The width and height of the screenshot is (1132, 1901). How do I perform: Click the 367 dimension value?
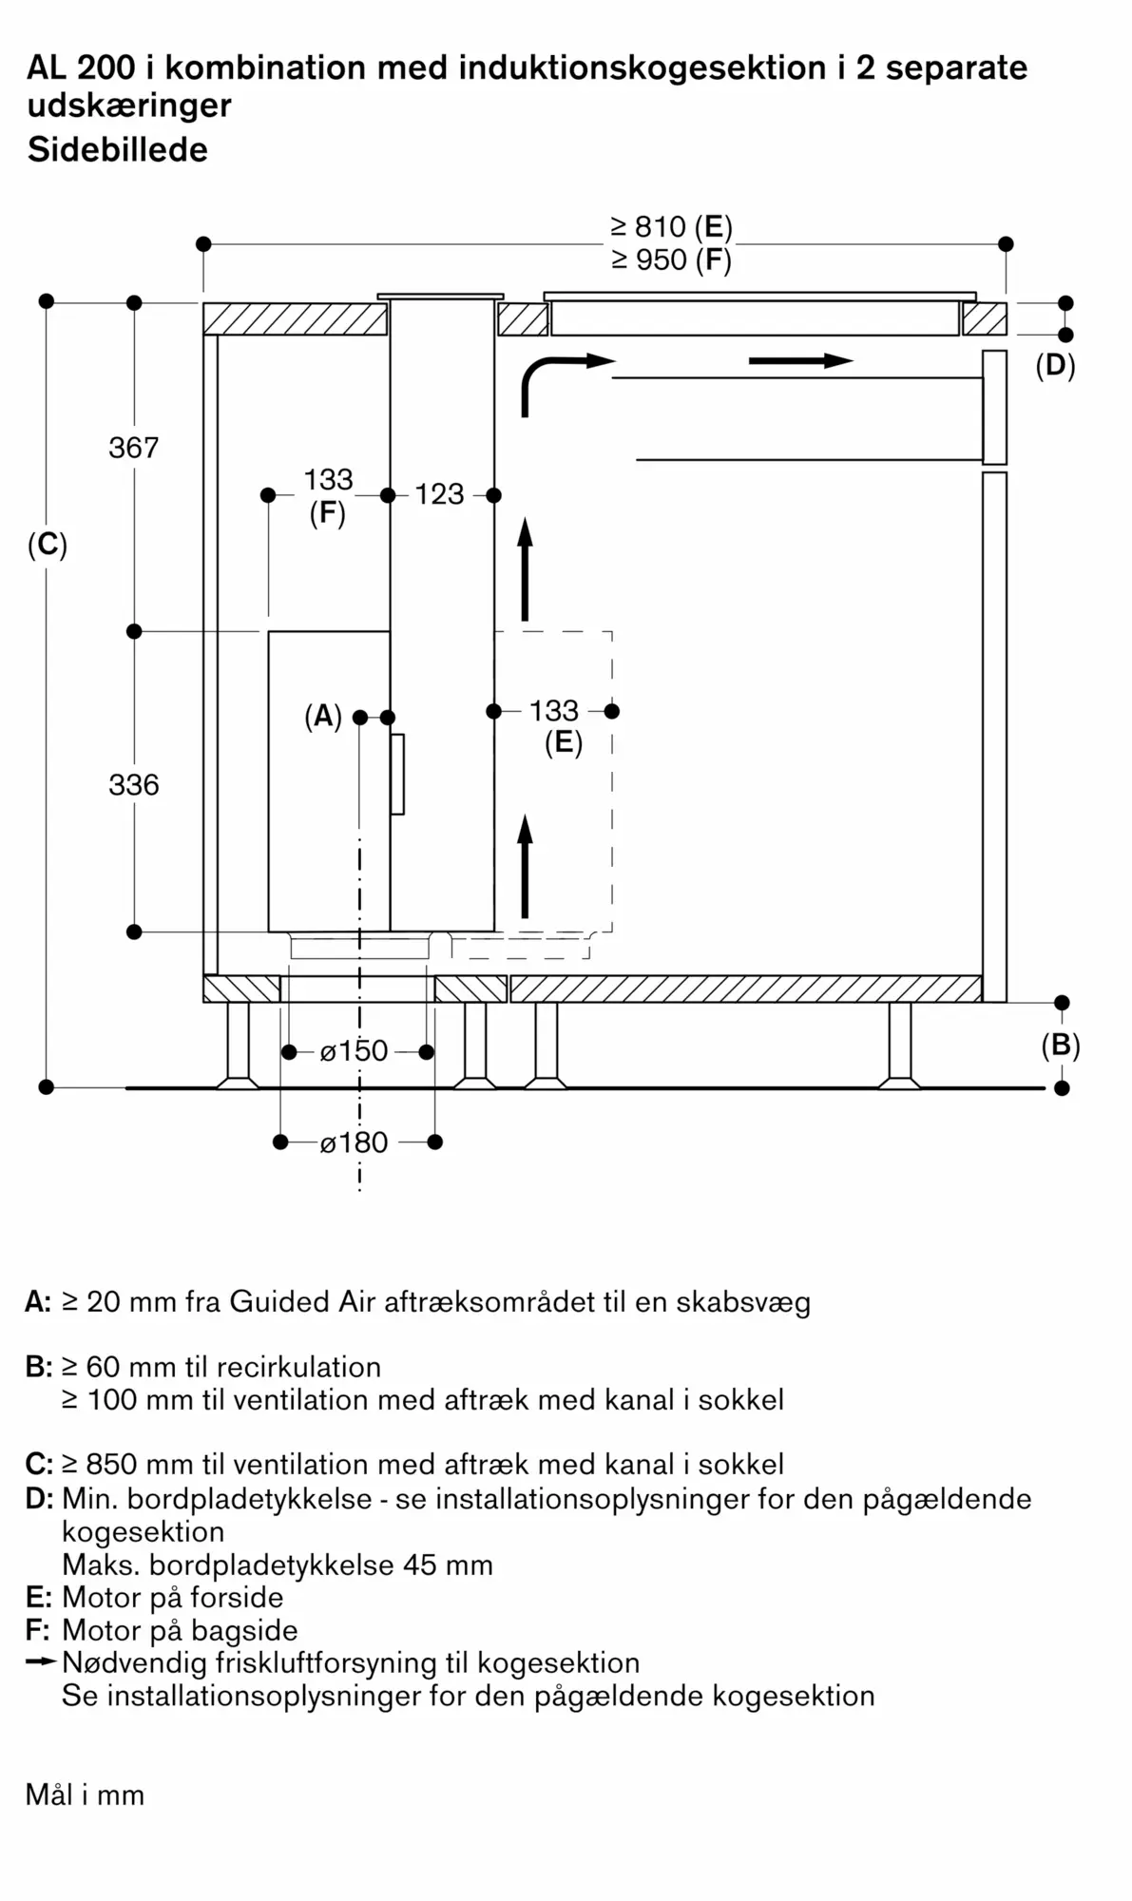[134, 448]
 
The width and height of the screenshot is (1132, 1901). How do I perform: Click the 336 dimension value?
[134, 785]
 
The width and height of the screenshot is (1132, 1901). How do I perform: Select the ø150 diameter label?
[354, 1051]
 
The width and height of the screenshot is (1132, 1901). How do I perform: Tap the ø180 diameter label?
[354, 1143]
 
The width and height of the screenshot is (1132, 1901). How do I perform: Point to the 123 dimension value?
[439, 494]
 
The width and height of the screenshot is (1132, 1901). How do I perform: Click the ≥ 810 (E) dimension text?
[671, 227]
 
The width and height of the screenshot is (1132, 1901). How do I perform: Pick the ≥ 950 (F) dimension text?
[671, 259]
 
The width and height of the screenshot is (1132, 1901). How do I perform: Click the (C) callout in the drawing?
[48, 546]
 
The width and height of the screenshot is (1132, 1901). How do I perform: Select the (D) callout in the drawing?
[1055, 366]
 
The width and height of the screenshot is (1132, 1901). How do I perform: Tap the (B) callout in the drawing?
[1061, 1047]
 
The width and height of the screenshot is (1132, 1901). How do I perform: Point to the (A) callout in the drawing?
[323, 717]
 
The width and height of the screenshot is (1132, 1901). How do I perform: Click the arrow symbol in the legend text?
[42, 1662]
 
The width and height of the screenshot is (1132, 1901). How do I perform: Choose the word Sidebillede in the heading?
[118, 149]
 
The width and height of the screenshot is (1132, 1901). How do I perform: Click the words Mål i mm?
[86, 1795]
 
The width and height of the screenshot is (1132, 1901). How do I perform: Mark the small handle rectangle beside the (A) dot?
[397, 774]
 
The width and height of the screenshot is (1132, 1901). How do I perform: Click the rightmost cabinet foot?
[899, 1045]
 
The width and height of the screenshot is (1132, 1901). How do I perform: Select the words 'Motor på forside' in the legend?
[173, 1598]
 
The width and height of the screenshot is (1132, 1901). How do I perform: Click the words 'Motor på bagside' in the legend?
[180, 1631]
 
